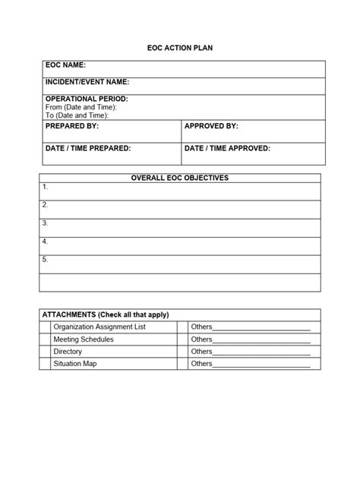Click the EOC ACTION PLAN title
pyautogui.click(x=179, y=48)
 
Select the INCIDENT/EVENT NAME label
pyautogui.click(x=87, y=81)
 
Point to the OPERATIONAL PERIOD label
pyautogui.click(x=87, y=99)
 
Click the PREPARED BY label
pyautogui.click(x=71, y=125)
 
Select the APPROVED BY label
pyautogui.click(x=211, y=125)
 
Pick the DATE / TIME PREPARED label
pyautogui.click(x=88, y=148)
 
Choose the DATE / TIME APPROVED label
pyautogui.click(x=227, y=148)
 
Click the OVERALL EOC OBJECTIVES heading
pyautogui.click(x=180, y=178)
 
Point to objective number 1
pyautogui.click(x=46, y=186)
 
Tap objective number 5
pyautogui.click(x=46, y=259)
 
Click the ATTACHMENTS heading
pyautogui.click(x=106, y=314)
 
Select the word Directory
pyautogui.click(x=68, y=352)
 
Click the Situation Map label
pyautogui.click(x=75, y=364)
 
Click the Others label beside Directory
pyautogui.click(x=201, y=352)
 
